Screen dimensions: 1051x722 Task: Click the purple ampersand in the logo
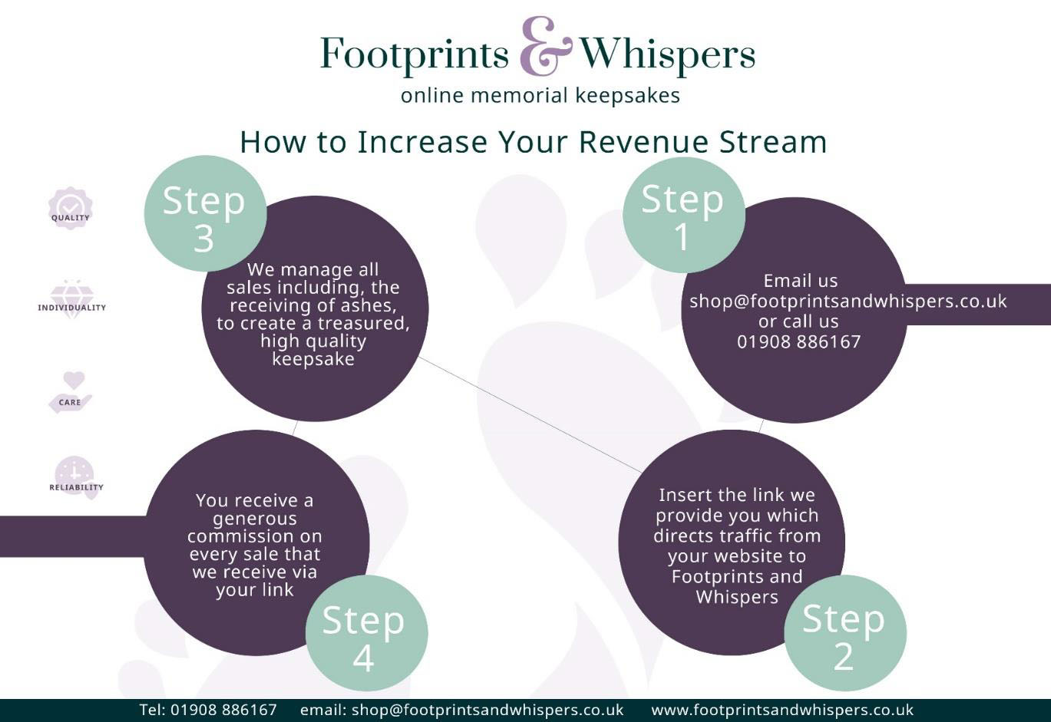pos(546,46)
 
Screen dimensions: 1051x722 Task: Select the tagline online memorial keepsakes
pos(540,96)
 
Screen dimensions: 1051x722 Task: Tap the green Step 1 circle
pos(683,215)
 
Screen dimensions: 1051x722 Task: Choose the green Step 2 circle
pos(845,633)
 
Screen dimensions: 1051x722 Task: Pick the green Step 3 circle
pos(205,213)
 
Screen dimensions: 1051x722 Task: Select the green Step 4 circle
pos(366,634)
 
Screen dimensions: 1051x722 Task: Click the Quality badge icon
pos(71,208)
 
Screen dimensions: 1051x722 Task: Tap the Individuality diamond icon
pos(72,299)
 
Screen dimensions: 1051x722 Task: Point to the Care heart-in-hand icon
pos(71,392)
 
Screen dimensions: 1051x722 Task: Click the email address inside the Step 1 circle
pos(848,301)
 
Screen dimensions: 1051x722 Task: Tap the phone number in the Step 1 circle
pos(798,341)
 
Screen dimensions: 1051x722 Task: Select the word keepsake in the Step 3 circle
pos(313,359)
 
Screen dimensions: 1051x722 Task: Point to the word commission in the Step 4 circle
pos(254,536)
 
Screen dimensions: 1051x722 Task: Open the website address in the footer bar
pos(782,710)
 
